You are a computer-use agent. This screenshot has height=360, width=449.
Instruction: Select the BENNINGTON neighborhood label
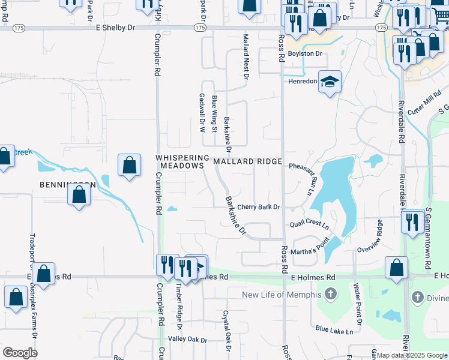[x=68, y=184]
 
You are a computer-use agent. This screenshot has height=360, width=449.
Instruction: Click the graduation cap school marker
[x=329, y=81]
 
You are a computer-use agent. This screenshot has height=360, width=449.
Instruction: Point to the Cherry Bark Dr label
[x=259, y=207]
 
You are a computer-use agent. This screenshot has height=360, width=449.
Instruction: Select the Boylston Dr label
[x=305, y=53]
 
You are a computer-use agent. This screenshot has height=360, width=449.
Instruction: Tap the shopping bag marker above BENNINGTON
[x=79, y=194]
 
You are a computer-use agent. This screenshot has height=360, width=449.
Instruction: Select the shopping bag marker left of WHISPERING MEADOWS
[x=130, y=165]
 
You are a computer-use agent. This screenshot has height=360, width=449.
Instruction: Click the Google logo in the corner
[x=20, y=353]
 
